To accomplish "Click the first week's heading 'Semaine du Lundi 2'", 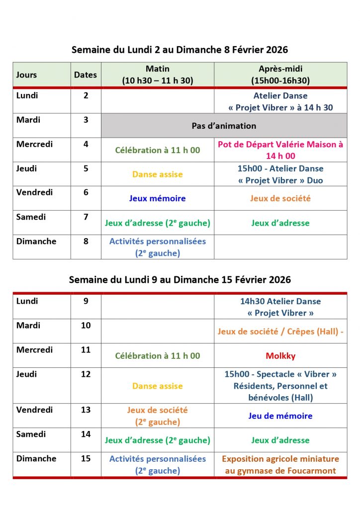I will [x=180, y=50].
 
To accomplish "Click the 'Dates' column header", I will [x=86, y=75].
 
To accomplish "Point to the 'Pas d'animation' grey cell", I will [x=224, y=126].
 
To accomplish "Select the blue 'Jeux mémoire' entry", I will [x=157, y=198].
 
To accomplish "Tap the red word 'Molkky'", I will [x=280, y=356].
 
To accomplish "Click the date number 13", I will [x=86, y=410].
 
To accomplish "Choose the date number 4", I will [x=86, y=144].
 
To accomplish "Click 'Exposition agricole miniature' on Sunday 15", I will [x=280, y=459].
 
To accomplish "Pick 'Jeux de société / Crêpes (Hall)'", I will [x=280, y=332].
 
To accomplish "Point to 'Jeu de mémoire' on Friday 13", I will [x=280, y=416].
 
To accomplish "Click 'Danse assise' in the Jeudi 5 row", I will [x=157, y=174].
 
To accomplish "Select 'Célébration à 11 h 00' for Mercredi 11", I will [x=157, y=356].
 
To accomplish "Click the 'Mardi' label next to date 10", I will [x=28, y=326].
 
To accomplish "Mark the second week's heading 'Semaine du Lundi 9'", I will [x=180, y=280].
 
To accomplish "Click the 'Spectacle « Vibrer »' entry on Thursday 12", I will [x=280, y=374].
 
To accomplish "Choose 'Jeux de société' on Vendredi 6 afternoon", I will [x=280, y=198].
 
